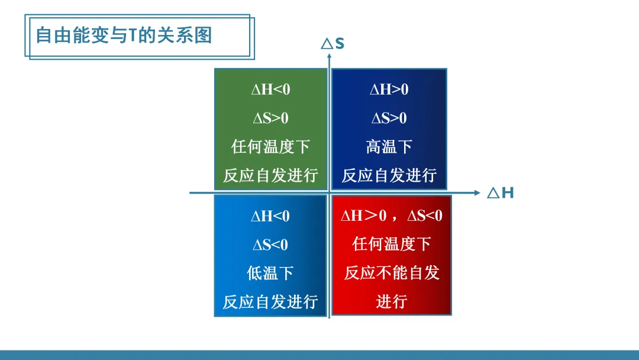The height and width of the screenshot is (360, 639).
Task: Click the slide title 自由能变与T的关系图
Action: click(124, 35)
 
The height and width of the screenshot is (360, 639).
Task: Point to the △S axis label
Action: click(333, 44)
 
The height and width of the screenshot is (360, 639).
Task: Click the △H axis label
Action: click(501, 193)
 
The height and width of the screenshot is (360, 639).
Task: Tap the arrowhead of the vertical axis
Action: click(329, 56)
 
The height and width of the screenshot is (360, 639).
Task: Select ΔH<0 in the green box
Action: click(271, 89)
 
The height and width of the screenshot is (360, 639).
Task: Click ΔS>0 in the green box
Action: click(271, 118)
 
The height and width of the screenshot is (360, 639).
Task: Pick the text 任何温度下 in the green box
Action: click(271, 146)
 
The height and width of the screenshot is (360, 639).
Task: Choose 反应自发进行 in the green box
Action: click(271, 175)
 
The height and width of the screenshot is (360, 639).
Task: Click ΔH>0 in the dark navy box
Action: click(389, 89)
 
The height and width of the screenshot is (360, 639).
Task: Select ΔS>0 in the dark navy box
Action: click(389, 118)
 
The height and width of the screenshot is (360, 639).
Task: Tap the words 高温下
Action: click(389, 146)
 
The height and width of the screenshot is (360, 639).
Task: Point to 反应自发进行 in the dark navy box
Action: click(389, 175)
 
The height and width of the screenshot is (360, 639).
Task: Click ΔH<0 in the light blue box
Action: click(270, 216)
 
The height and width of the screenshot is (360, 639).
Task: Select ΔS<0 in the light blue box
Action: click(270, 245)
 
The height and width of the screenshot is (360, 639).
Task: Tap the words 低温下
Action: click(270, 273)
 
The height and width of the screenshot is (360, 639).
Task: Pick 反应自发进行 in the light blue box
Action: click(270, 301)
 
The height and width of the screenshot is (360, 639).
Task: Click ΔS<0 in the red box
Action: click(425, 216)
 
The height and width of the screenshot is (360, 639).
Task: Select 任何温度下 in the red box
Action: click(392, 244)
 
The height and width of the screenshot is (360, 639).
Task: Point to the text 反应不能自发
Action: click(392, 272)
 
